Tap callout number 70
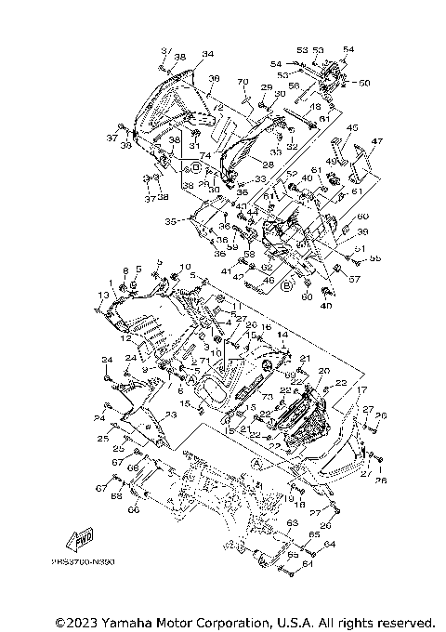click(x=243, y=82)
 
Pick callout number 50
click(x=364, y=83)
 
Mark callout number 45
click(x=352, y=127)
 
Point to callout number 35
click(x=169, y=222)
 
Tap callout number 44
click(x=253, y=212)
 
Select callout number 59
click(x=232, y=245)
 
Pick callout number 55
click(x=375, y=257)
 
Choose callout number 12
click(x=124, y=338)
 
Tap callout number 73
click(x=254, y=397)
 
